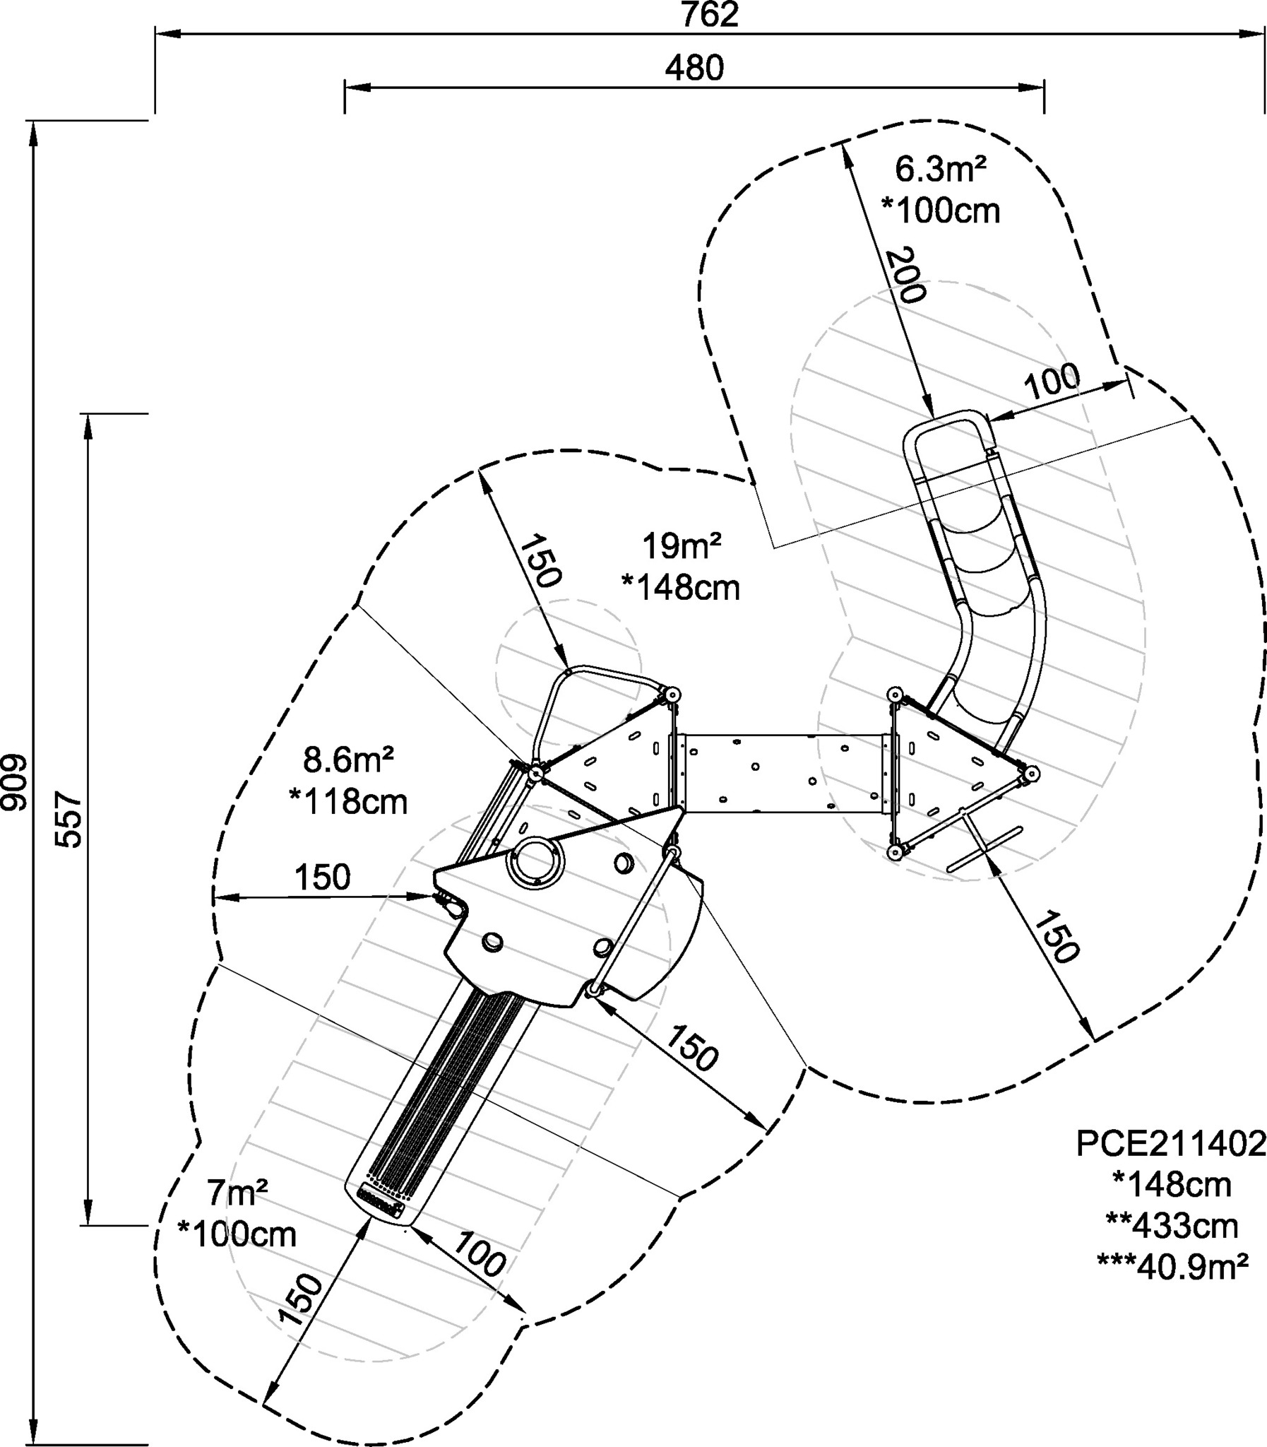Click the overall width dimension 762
[x=709, y=15]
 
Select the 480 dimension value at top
[x=694, y=68]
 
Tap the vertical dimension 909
[x=15, y=786]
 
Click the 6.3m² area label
[x=940, y=170]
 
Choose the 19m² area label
[x=682, y=546]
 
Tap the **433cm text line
[x=1172, y=1227]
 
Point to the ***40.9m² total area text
[x=1172, y=1267]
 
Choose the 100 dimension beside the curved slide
[x=1053, y=382]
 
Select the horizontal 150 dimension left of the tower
[x=323, y=878]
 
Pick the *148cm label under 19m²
[x=681, y=589]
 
